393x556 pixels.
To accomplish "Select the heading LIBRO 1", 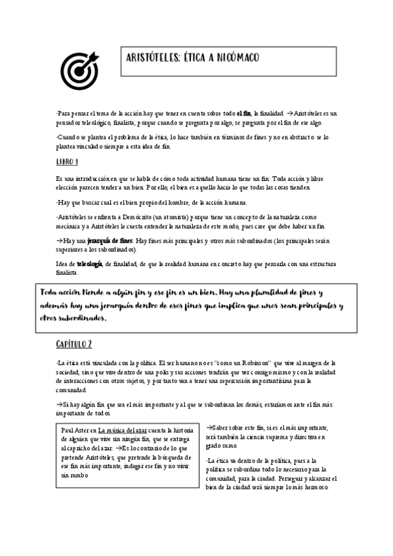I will click(68, 162).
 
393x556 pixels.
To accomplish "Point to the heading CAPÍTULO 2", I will click(73, 344).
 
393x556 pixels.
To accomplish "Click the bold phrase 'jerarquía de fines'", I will click(110, 241).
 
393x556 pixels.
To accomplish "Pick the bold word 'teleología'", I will click(90, 264).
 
